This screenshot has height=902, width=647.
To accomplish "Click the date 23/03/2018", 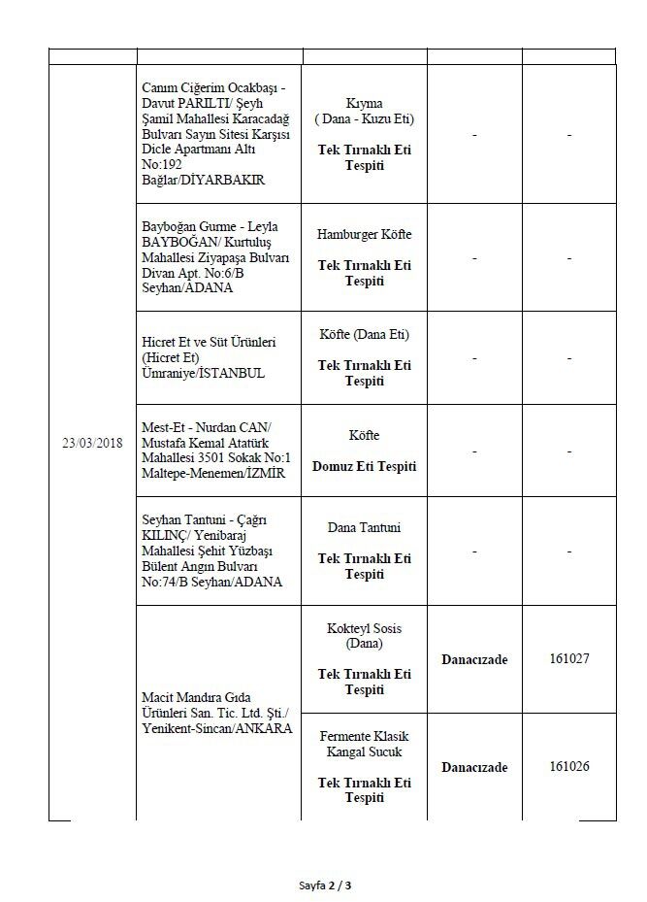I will click(x=92, y=443).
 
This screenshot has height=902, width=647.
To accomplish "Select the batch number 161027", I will click(x=569, y=658).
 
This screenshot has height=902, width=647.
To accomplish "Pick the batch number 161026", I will click(x=569, y=766).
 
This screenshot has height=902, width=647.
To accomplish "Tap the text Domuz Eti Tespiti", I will click(x=364, y=466).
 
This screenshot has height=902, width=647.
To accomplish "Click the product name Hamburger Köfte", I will click(x=364, y=235).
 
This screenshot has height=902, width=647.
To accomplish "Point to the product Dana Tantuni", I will click(x=364, y=528).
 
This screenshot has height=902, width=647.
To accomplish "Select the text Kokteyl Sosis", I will click(x=364, y=628).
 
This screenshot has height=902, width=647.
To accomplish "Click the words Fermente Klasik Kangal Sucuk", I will click(x=364, y=744).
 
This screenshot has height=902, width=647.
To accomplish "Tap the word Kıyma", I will click(x=364, y=103).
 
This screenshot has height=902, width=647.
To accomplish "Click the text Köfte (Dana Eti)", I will click(x=364, y=335).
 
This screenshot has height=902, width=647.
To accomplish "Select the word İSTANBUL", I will click(x=227, y=373).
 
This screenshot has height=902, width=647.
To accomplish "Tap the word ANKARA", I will click(x=259, y=728).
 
